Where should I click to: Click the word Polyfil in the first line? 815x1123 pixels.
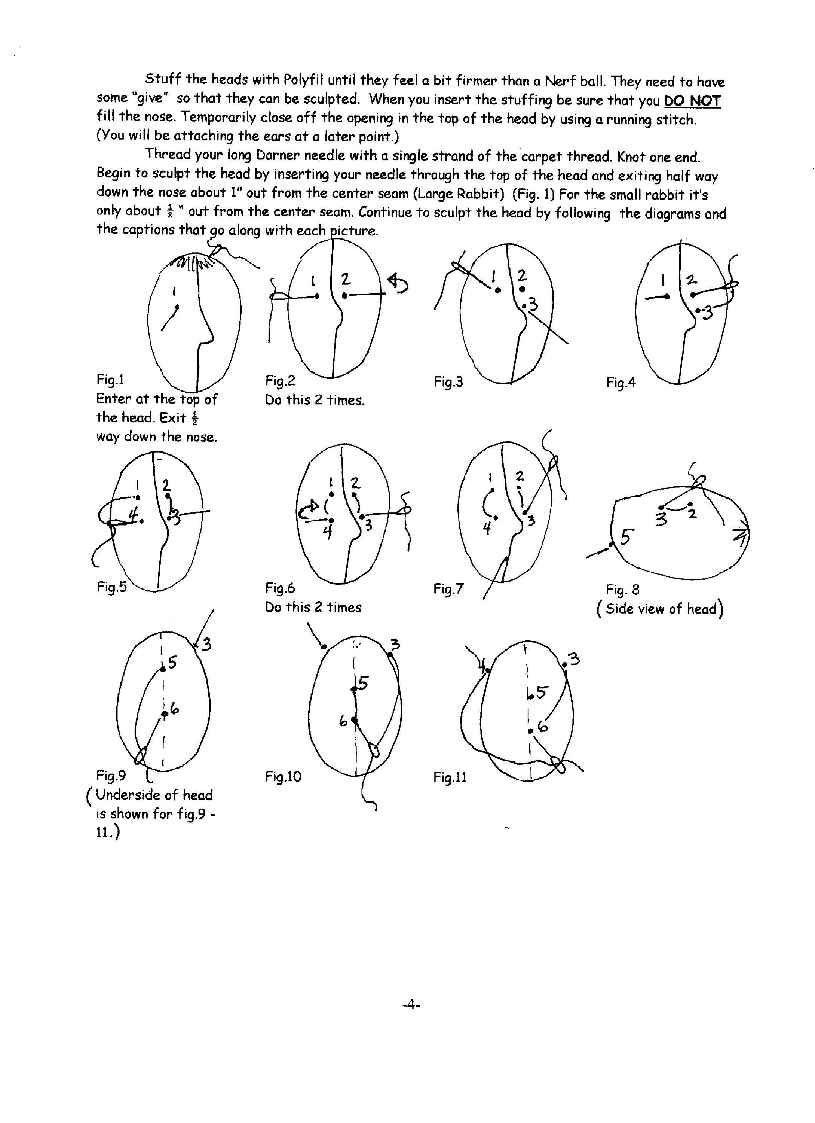[x=303, y=79]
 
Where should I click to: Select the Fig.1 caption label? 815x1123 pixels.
[x=110, y=380]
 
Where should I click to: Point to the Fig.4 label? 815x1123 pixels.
[x=621, y=383]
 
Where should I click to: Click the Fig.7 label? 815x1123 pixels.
[x=448, y=589]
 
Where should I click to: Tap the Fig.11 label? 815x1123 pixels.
[x=450, y=777]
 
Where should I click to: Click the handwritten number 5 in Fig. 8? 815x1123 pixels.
[x=626, y=536]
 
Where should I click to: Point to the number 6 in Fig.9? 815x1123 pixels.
[x=174, y=710]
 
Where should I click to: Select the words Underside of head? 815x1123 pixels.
[x=154, y=795]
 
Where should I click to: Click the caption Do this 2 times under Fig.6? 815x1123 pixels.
[x=313, y=607]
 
